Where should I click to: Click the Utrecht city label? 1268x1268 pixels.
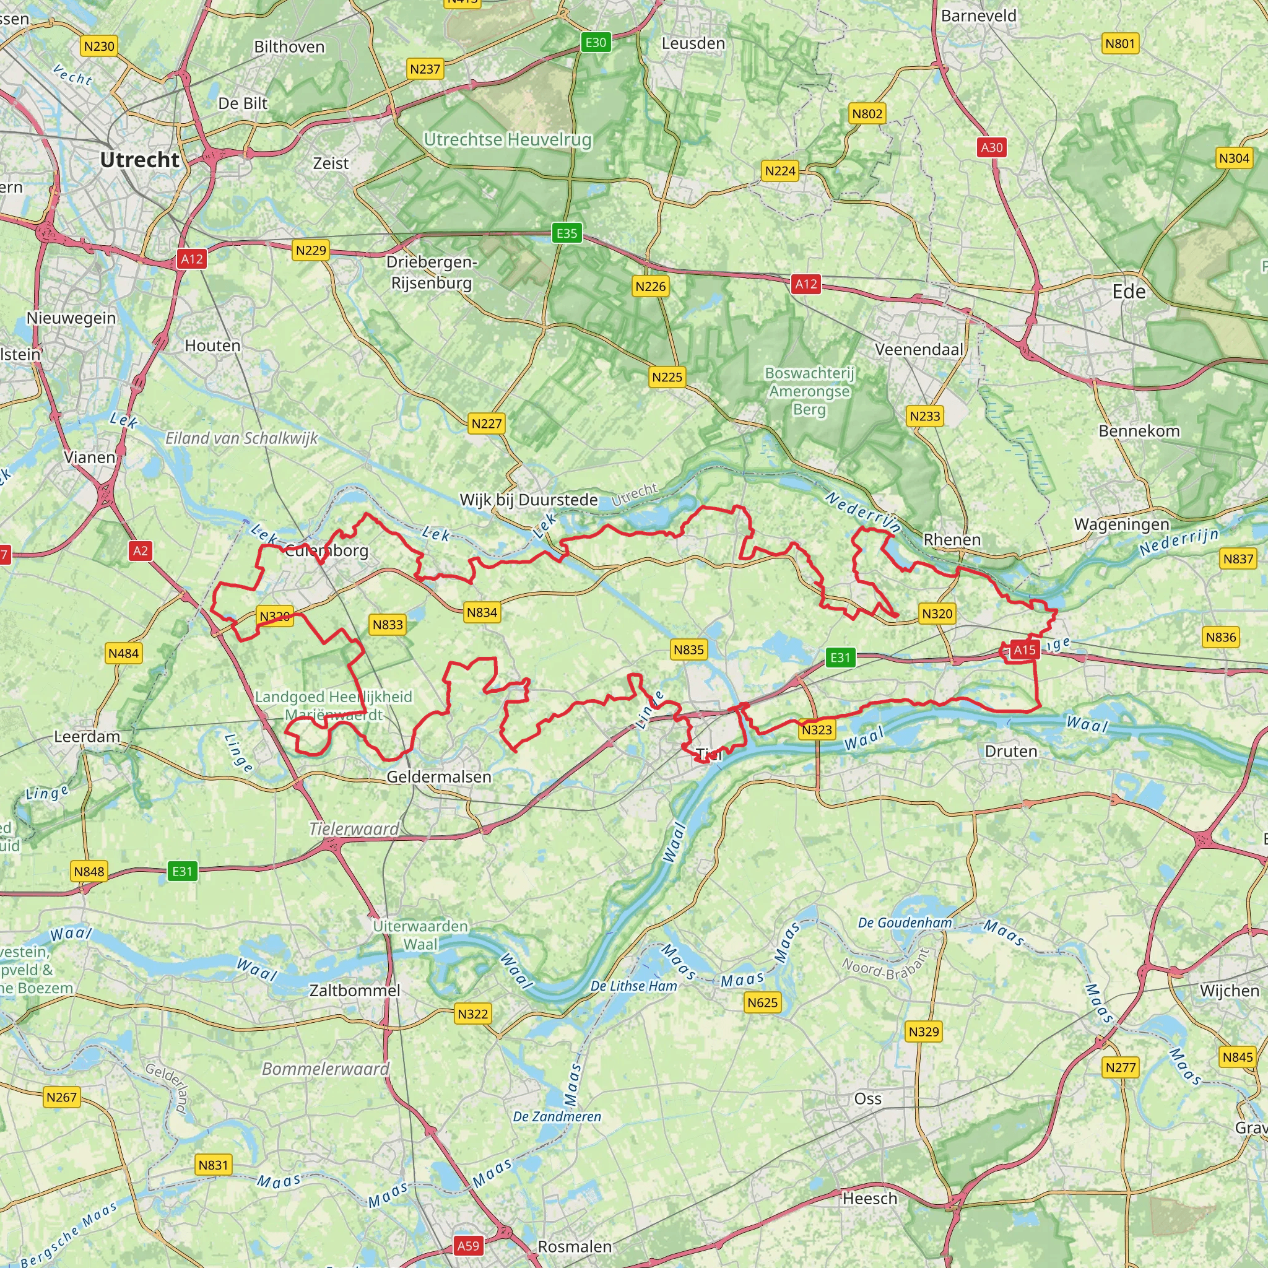click(139, 160)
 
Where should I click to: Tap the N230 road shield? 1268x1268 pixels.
click(99, 46)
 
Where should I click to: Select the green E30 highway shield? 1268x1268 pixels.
click(596, 43)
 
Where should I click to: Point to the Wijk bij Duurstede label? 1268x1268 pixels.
click(528, 500)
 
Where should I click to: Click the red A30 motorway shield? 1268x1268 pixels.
click(992, 147)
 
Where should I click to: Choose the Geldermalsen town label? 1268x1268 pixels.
click(438, 777)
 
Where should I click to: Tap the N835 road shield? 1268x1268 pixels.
click(688, 649)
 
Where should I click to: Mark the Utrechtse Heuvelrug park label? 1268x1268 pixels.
click(507, 140)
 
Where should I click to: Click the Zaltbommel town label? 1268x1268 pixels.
click(354, 991)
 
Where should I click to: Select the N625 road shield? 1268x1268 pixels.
click(763, 1002)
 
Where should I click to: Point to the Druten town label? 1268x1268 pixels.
click(1010, 752)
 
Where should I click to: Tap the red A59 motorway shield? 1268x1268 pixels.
click(468, 1246)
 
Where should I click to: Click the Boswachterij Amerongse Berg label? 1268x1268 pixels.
click(809, 391)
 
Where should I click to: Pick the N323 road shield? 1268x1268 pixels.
click(817, 730)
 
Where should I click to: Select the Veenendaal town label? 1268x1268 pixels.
click(919, 350)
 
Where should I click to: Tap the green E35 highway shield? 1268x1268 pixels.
click(567, 233)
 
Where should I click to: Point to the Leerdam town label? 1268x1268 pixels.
click(87, 736)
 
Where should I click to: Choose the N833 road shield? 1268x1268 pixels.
click(387, 624)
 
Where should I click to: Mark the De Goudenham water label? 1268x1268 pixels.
click(905, 923)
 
